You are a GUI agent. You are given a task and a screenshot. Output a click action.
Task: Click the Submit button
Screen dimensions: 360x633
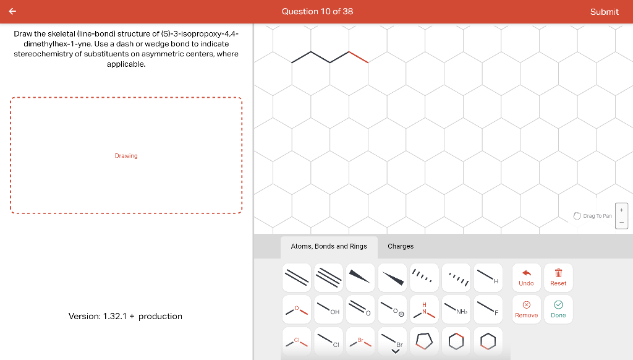tap(604, 12)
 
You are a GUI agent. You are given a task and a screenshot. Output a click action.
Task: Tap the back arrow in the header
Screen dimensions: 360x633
tap(12, 11)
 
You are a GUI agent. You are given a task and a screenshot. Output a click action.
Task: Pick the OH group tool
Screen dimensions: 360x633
tap(328, 309)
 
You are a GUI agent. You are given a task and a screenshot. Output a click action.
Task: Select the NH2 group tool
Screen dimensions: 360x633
tap(456, 309)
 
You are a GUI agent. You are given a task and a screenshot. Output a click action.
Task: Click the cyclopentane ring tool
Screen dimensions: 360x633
tap(423, 340)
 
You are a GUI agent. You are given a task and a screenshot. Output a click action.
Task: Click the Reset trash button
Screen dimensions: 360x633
tap(558, 276)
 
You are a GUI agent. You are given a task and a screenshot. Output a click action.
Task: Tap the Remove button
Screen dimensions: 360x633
tap(526, 309)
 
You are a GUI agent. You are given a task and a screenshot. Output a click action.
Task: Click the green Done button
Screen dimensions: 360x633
tap(558, 309)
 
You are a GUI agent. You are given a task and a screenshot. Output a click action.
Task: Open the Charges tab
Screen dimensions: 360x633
tap(401, 246)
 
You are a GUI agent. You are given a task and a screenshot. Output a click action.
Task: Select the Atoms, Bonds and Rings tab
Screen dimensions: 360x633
tap(329, 246)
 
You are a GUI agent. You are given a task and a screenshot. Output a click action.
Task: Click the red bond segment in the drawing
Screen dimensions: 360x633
tap(359, 57)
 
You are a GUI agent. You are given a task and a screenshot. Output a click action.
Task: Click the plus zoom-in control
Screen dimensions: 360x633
tap(622, 210)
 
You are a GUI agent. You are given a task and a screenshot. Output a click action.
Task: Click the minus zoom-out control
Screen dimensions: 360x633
tap(622, 222)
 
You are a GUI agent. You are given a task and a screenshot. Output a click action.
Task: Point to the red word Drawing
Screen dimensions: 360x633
tap(126, 156)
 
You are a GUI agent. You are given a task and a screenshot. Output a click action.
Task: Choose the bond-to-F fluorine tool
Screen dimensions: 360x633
tap(487, 309)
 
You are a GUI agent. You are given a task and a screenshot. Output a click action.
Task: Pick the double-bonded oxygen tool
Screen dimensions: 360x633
tap(360, 309)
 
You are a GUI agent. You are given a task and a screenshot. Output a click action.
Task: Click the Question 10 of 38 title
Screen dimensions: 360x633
tap(317, 12)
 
